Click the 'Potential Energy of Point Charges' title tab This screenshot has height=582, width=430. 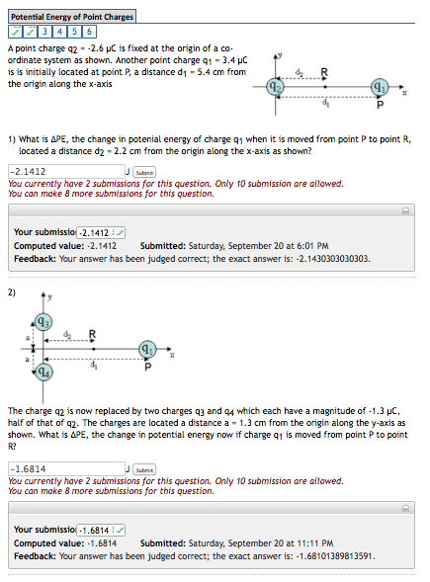pos(71,17)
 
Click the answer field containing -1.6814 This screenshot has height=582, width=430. pos(65,468)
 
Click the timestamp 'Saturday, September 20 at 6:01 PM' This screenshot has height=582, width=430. pos(254,245)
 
